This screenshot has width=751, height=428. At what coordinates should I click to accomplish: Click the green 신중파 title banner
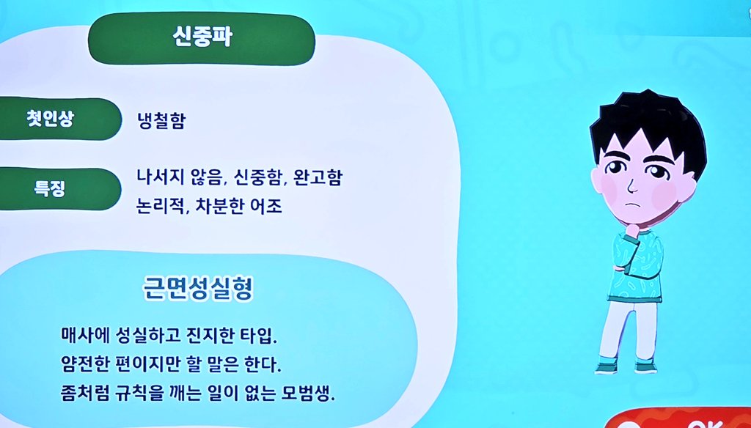(x=202, y=38)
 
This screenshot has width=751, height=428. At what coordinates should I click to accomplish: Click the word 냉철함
(x=161, y=121)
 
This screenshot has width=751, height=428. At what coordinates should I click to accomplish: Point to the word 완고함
(x=318, y=178)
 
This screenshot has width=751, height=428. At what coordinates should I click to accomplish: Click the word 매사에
(x=84, y=337)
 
